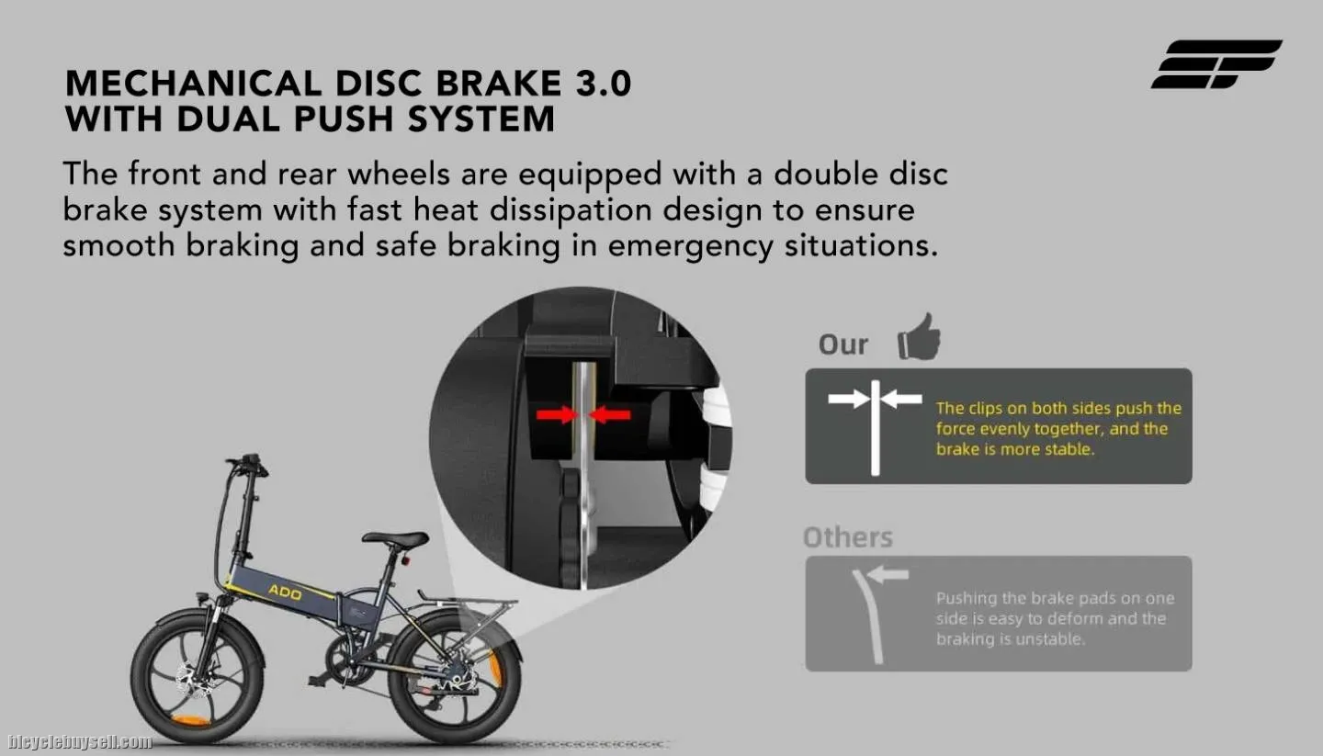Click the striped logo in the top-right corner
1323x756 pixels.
1216,63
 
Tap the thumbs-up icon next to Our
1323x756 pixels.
919,337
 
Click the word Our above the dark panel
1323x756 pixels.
842,344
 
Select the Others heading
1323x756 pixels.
847,537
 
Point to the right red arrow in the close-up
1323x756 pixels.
610,415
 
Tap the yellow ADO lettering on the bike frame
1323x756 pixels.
285,592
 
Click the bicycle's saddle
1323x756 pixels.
395,538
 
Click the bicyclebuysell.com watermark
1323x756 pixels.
80,742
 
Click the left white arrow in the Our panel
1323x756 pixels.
849,400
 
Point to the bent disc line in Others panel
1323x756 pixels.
868,616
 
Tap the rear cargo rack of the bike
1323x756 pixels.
467,603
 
